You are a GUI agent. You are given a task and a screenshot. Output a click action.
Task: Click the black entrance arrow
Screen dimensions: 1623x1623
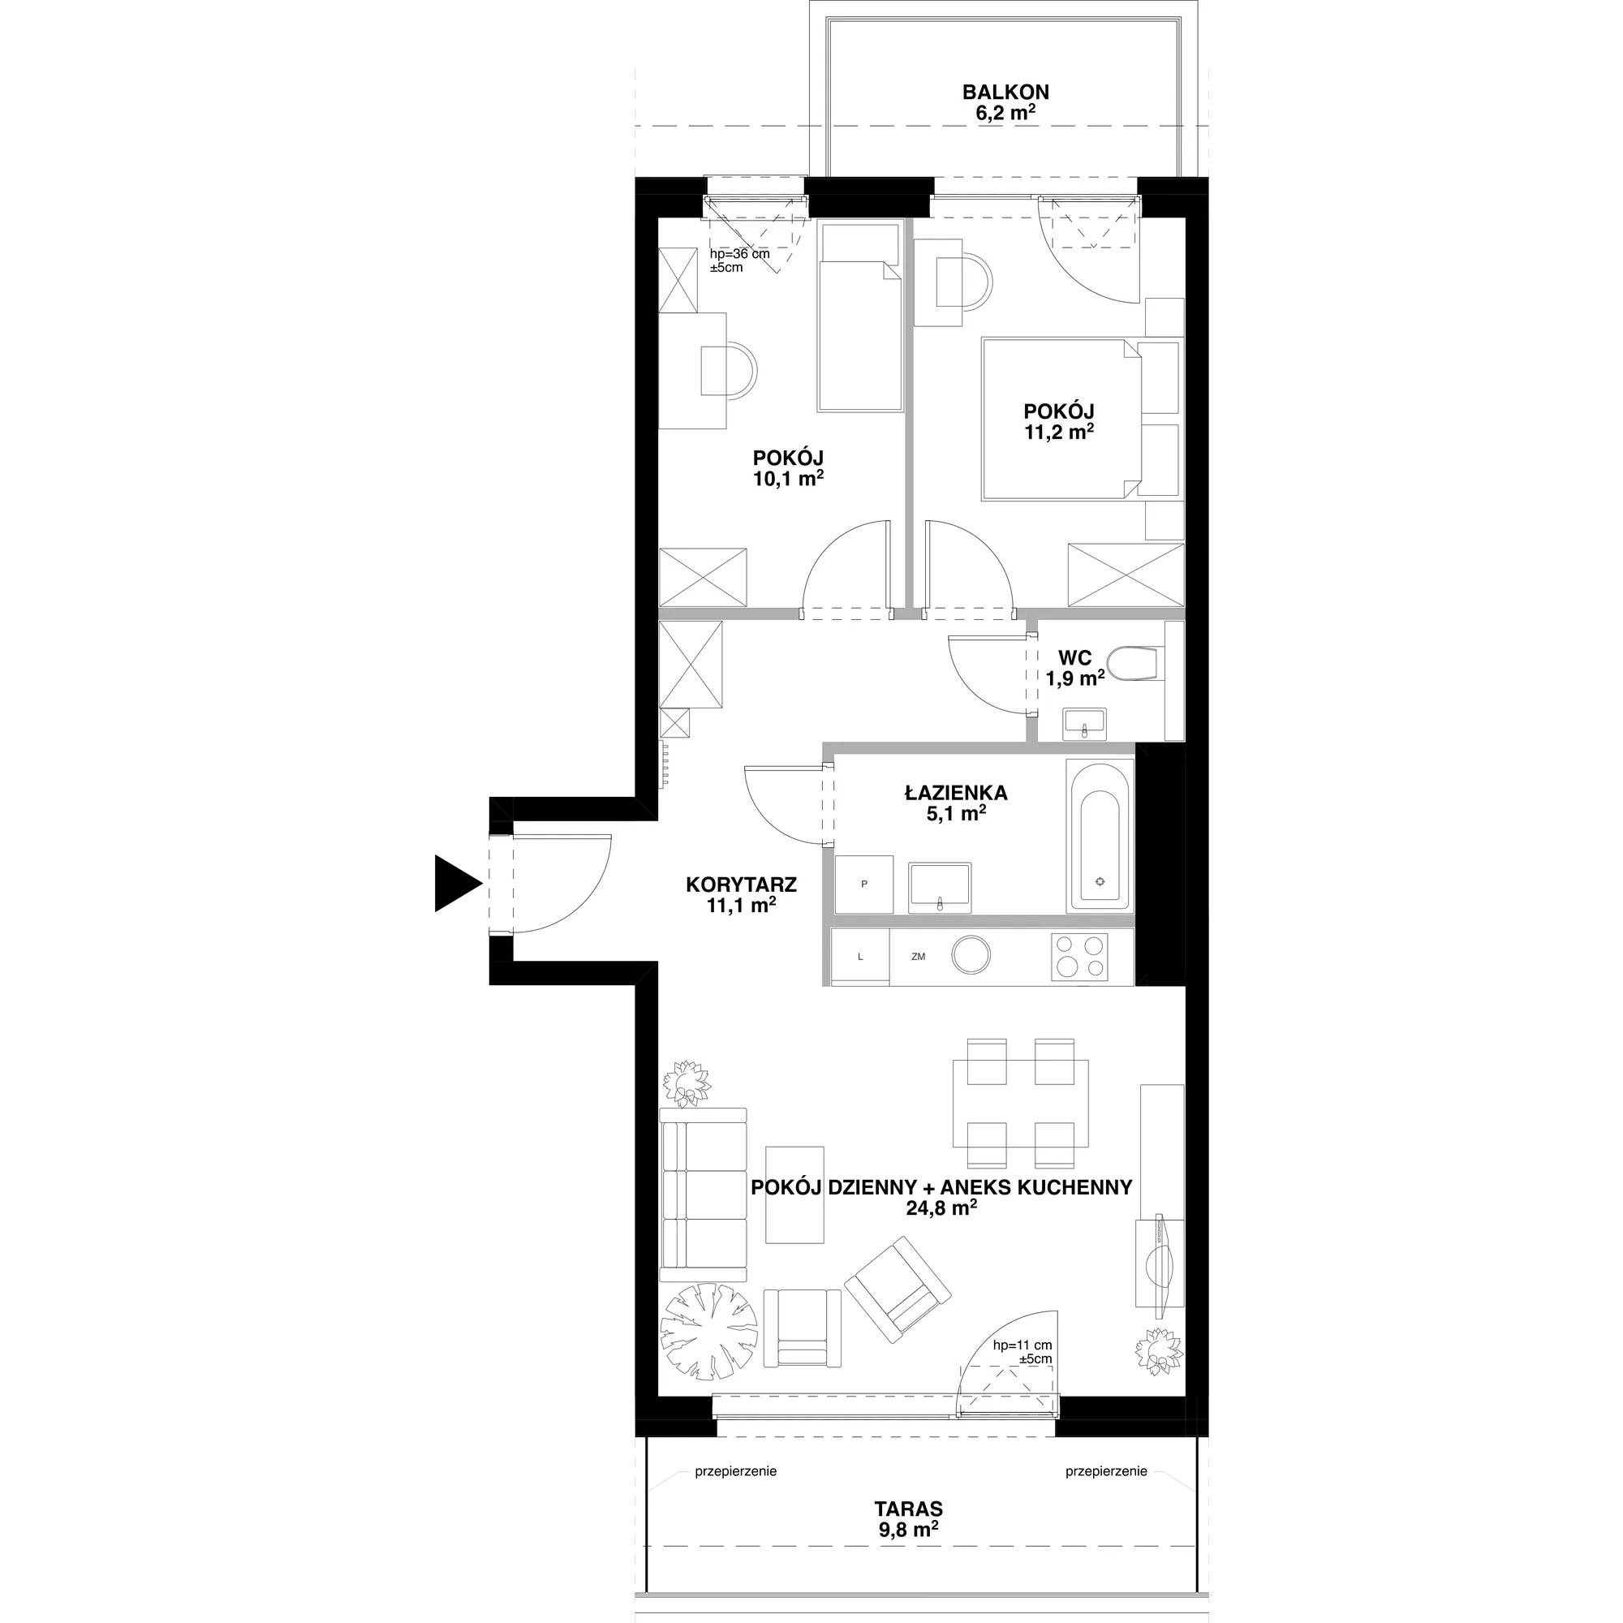[x=455, y=882]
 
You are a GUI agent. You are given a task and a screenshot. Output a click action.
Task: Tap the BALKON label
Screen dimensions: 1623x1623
[x=1005, y=92]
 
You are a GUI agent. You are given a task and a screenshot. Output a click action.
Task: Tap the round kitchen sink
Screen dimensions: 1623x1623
[x=971, y=955]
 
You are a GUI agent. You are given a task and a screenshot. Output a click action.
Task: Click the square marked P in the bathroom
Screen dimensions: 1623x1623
[x=863, y=884]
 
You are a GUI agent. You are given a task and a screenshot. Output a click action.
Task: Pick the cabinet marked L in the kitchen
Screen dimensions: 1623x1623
[x=859, y=956]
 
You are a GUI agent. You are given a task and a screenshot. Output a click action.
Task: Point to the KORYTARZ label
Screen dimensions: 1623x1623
[x=741, y=884]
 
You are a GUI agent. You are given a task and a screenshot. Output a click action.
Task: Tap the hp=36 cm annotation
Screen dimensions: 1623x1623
[x=739, y=254]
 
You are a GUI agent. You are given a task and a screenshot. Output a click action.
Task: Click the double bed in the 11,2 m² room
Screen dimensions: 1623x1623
[x=1061, y=420]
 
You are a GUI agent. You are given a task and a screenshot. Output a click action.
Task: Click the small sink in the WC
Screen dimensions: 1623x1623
[x=1085, y=723]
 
